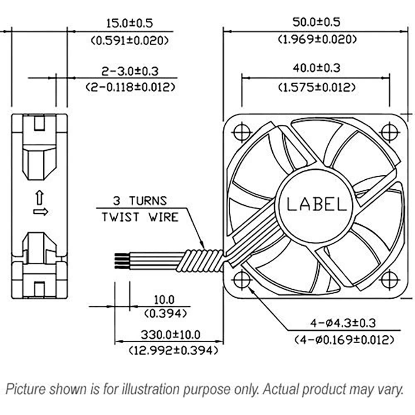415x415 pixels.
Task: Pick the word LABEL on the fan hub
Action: [316, 204]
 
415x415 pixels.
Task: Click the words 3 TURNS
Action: [140, 201]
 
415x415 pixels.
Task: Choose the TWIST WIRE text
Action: [140, 217]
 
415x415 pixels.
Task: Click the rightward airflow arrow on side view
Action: [40, 212]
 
